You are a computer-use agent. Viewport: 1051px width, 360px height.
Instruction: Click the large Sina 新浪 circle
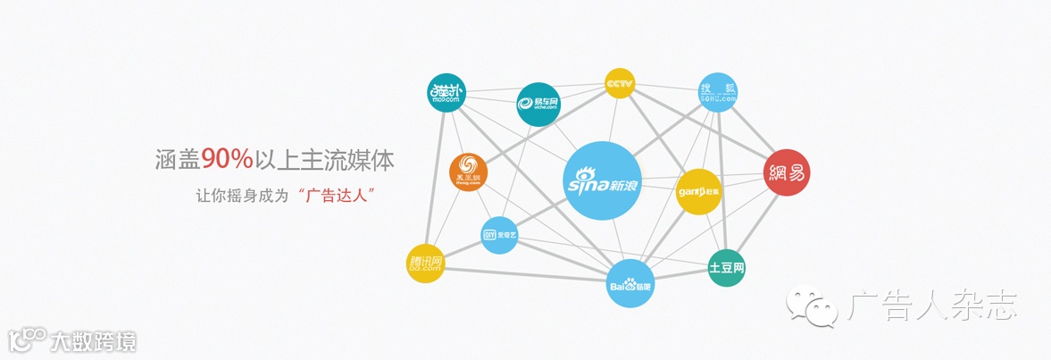[603, 181]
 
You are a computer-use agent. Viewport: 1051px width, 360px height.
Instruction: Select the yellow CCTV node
[619, 83]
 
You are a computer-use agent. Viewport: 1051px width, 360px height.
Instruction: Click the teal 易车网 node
[538, 105]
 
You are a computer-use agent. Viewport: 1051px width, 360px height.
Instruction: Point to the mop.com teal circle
[446, 92]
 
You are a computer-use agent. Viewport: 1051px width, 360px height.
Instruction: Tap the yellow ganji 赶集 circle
[698, 191]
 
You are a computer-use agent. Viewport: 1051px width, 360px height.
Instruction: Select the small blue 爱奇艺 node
[499, 235]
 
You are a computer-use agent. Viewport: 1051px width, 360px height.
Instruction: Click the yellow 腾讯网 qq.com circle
[425, 263]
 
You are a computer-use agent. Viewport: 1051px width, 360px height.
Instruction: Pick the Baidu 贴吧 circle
[631, 283]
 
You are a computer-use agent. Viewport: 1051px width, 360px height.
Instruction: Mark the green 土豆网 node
[726, 268]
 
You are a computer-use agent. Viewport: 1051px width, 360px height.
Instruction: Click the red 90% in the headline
[227, 159]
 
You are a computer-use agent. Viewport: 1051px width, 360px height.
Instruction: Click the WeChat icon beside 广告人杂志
[813, 306]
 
